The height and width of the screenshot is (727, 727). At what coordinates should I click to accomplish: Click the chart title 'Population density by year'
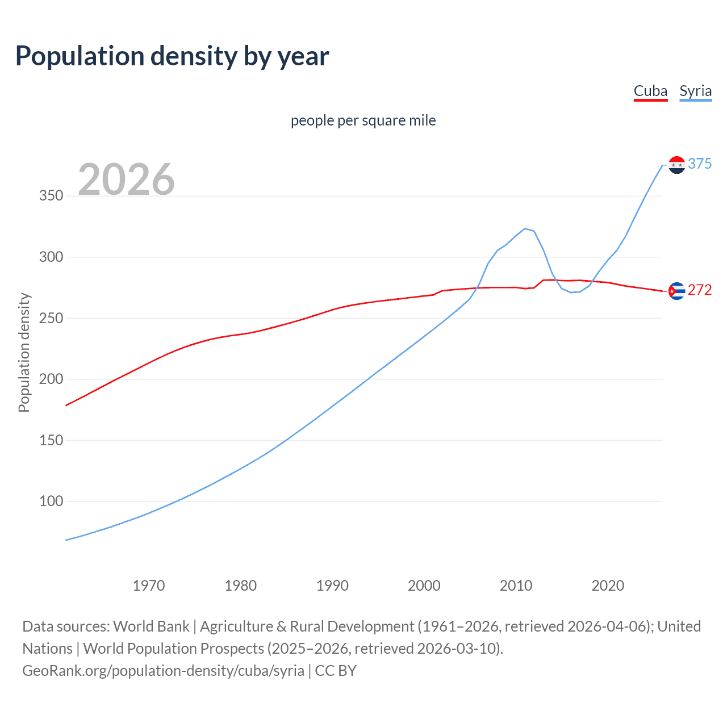coord(172,56)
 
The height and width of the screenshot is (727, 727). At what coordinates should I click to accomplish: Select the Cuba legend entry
coord(650,91)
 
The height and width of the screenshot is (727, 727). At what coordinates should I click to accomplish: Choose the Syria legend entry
coord(695,91)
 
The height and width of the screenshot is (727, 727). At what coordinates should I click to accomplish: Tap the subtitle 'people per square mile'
coord(363,121)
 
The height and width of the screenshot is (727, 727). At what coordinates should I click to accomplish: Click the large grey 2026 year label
coord(126,179)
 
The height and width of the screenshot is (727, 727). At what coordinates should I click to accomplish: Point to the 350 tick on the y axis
coord(51,196)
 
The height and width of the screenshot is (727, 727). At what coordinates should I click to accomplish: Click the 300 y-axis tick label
coord(51,257)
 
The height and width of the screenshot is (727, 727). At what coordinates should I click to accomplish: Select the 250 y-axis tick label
coord(51,318)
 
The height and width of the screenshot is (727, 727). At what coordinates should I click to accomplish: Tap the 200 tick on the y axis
coord(51,379)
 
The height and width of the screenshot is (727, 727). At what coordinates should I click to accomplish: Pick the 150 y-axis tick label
coord(51,440)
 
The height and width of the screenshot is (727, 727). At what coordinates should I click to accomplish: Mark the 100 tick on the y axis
coord(51,502)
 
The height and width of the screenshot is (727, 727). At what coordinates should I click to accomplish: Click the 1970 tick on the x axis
coord(149,586)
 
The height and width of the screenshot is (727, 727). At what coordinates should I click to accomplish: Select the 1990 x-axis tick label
coord(332,586)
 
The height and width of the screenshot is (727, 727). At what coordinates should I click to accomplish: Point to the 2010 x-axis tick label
coord(516,586)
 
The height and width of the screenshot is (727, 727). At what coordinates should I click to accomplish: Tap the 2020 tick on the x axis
coord(608,586)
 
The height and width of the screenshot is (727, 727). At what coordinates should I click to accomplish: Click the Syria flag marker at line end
coord(676,165)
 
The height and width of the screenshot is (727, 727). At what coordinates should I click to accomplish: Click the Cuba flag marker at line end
coord(676,291)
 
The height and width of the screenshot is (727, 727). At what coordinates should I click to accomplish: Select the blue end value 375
coord(700,164)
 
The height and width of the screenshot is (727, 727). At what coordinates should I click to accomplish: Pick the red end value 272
coord(700,290)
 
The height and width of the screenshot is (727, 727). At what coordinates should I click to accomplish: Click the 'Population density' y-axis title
coord(24,352)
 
